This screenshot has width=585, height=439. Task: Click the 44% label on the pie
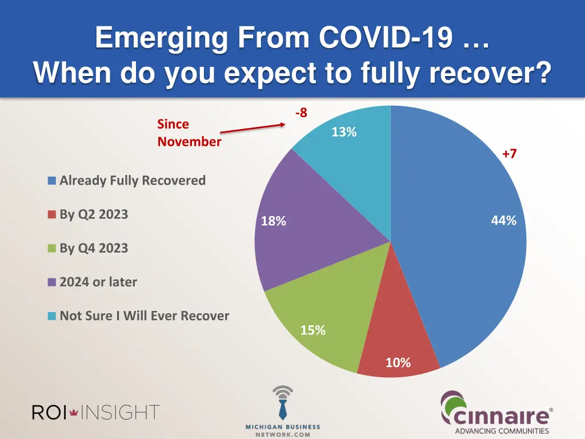(x=503, y=221)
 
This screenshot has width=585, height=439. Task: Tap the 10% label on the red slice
(x=398, y=362)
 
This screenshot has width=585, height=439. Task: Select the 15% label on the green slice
(x=312, y=330)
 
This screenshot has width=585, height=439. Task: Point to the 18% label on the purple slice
(x=273, y=221)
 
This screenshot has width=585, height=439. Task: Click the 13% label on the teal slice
(x=344, y=132)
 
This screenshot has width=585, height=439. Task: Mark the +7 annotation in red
(x=509, y=154)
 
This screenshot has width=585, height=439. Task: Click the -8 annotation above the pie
(x=301, y=113)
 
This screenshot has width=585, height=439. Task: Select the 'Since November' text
(x=189, y=133)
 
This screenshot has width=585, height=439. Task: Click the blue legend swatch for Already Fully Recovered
(x=52, y=181)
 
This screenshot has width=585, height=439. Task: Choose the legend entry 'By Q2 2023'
(x=94, y=214)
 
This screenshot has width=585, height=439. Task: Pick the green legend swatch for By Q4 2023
(x=52, y=249)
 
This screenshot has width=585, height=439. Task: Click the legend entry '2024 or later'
(x=98, y=282)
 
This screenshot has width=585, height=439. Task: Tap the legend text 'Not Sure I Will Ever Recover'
(x=144, y=316)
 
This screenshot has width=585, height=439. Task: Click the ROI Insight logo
(x=95, y=412)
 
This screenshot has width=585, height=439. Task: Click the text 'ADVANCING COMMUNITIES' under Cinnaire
(x=502, y=431)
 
